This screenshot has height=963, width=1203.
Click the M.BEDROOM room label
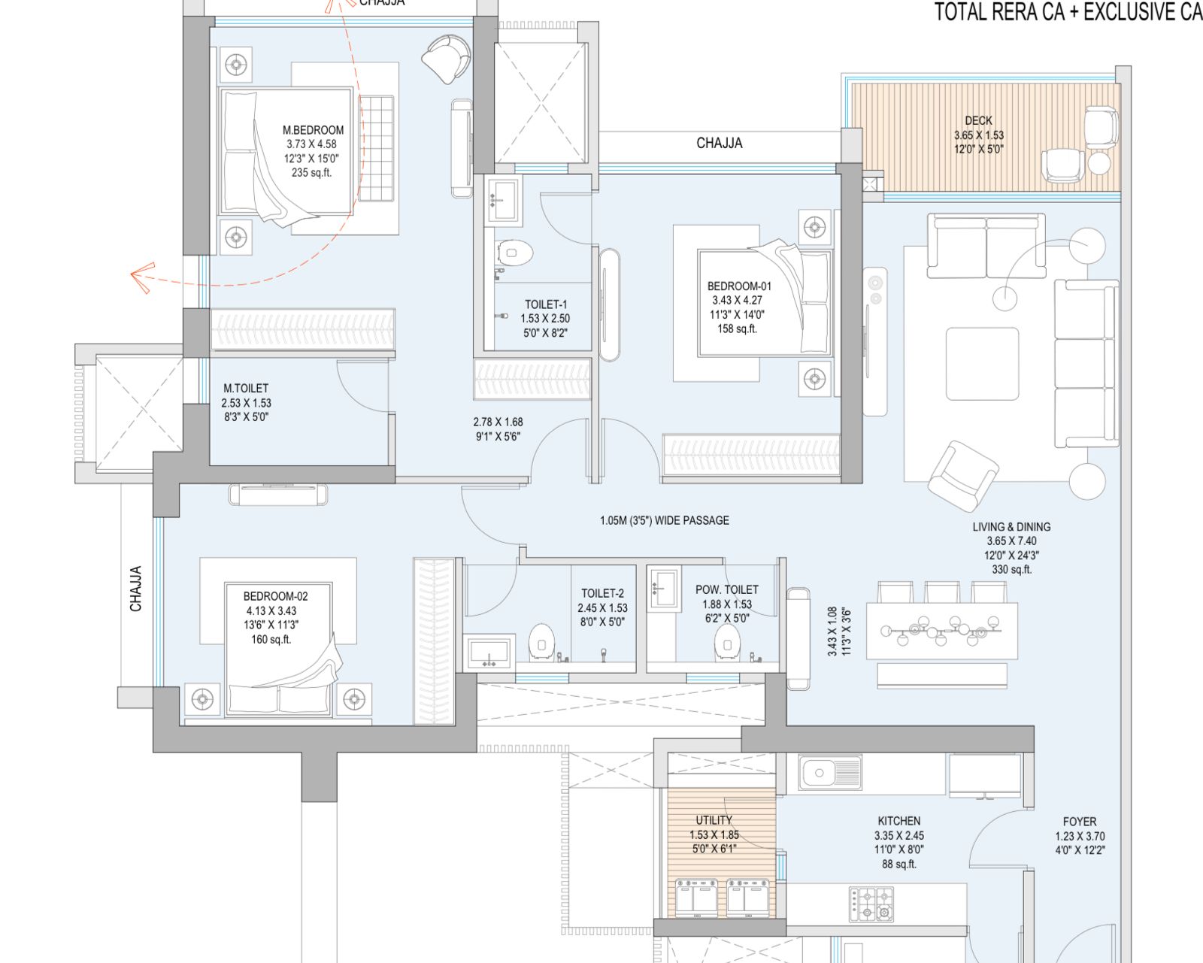(313, 130)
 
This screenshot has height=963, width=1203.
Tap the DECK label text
(978, 120)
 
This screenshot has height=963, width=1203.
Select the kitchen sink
(830, 773)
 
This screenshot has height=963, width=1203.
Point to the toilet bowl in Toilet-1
(514, 253)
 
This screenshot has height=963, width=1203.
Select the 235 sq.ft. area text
(311, 172)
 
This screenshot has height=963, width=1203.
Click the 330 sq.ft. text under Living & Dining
(1011, 569)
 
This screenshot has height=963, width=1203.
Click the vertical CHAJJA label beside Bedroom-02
(136, 588)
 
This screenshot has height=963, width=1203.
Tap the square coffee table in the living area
(982, 364)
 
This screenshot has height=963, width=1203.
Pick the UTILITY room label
(714, 820)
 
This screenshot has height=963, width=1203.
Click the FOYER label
(1079, 822)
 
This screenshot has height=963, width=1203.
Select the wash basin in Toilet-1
(502, 199)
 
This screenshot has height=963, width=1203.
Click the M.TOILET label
(246, 388)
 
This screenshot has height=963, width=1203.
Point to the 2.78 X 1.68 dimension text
(498, 422)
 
